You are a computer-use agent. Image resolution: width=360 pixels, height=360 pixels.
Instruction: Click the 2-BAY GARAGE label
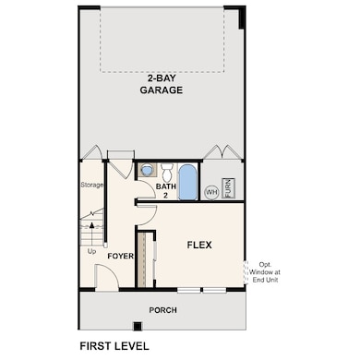click(x=161, y=84)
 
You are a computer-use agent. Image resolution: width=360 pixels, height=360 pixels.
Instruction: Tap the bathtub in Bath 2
click(x=186, y=182)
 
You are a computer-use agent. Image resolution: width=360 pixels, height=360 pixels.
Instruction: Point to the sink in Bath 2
click(x=147, y=171)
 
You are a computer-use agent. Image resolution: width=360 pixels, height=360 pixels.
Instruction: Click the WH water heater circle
click(x=211, y=192)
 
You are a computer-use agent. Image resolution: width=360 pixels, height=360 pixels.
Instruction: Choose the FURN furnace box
click(x=230, y=188)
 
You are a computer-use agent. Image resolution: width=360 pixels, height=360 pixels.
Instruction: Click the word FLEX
click(x=199, y=245)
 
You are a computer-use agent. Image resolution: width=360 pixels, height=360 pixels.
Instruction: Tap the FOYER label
click(x=121, y=256)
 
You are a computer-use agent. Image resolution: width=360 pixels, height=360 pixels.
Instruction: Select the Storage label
click(x=91, y=185)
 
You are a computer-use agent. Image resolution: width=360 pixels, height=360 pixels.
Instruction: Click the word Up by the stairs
click(x=90, y=250)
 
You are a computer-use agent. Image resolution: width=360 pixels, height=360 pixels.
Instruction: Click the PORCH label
click(x=162, y=309)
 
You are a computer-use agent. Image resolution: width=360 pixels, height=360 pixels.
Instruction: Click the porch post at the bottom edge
click(x=136, y=325)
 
